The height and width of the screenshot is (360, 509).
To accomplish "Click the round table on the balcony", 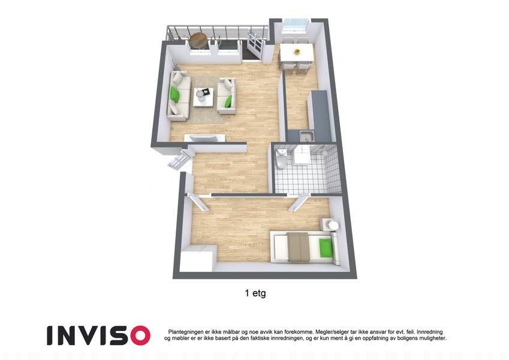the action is click(198, 40).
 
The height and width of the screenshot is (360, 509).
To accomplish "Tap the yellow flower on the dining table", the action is click(297, 51).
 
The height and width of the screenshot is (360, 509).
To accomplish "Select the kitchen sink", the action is click(306, 136).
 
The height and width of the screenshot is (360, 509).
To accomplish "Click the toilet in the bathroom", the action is click(281, 160).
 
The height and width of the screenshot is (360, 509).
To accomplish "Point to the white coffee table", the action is click(203, 97).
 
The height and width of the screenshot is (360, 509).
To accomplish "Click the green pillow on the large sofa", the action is click(175, 94).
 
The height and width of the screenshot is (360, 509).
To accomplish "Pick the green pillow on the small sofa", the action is click(229, 101).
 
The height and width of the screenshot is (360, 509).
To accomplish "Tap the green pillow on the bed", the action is click(326, 247).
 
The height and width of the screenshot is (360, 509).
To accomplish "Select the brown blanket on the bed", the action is click(299, 247).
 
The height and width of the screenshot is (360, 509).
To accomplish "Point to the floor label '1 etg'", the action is click(255, 293).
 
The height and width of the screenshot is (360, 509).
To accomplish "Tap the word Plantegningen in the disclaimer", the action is click(186, 332).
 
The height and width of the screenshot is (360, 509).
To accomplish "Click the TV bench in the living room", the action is click(204, 138).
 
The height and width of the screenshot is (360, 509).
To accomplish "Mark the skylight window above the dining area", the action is click(295, 25).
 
